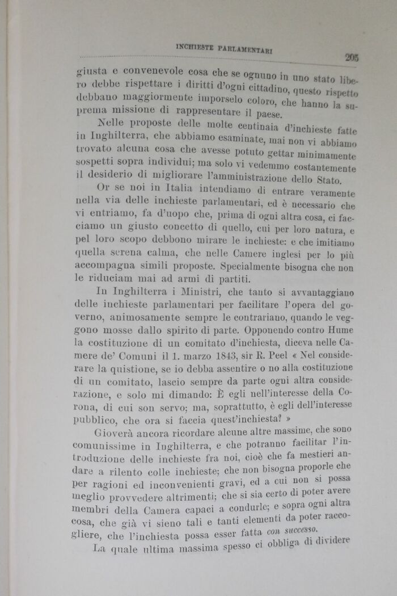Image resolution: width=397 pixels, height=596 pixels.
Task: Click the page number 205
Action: coord(351,56)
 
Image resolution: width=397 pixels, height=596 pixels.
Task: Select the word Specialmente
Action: coord(255,266)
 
